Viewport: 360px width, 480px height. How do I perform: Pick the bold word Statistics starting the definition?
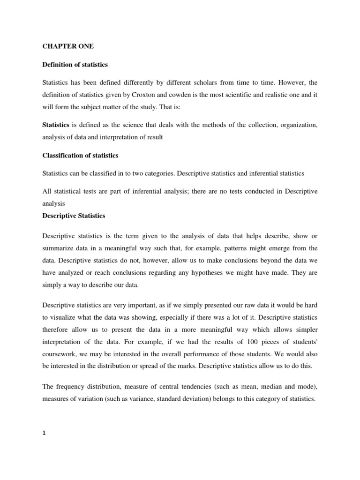pos(56,125)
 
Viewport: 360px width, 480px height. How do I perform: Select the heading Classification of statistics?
pos(80,155)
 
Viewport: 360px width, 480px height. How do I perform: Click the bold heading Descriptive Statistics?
pos(74,216)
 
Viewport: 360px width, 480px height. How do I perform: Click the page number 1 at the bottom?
pos(44,433)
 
